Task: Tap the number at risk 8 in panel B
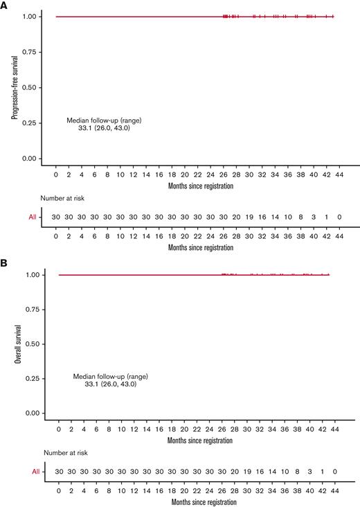coord(296,472)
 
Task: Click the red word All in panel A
coord(31,217)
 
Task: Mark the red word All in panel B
coord(35,472)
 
